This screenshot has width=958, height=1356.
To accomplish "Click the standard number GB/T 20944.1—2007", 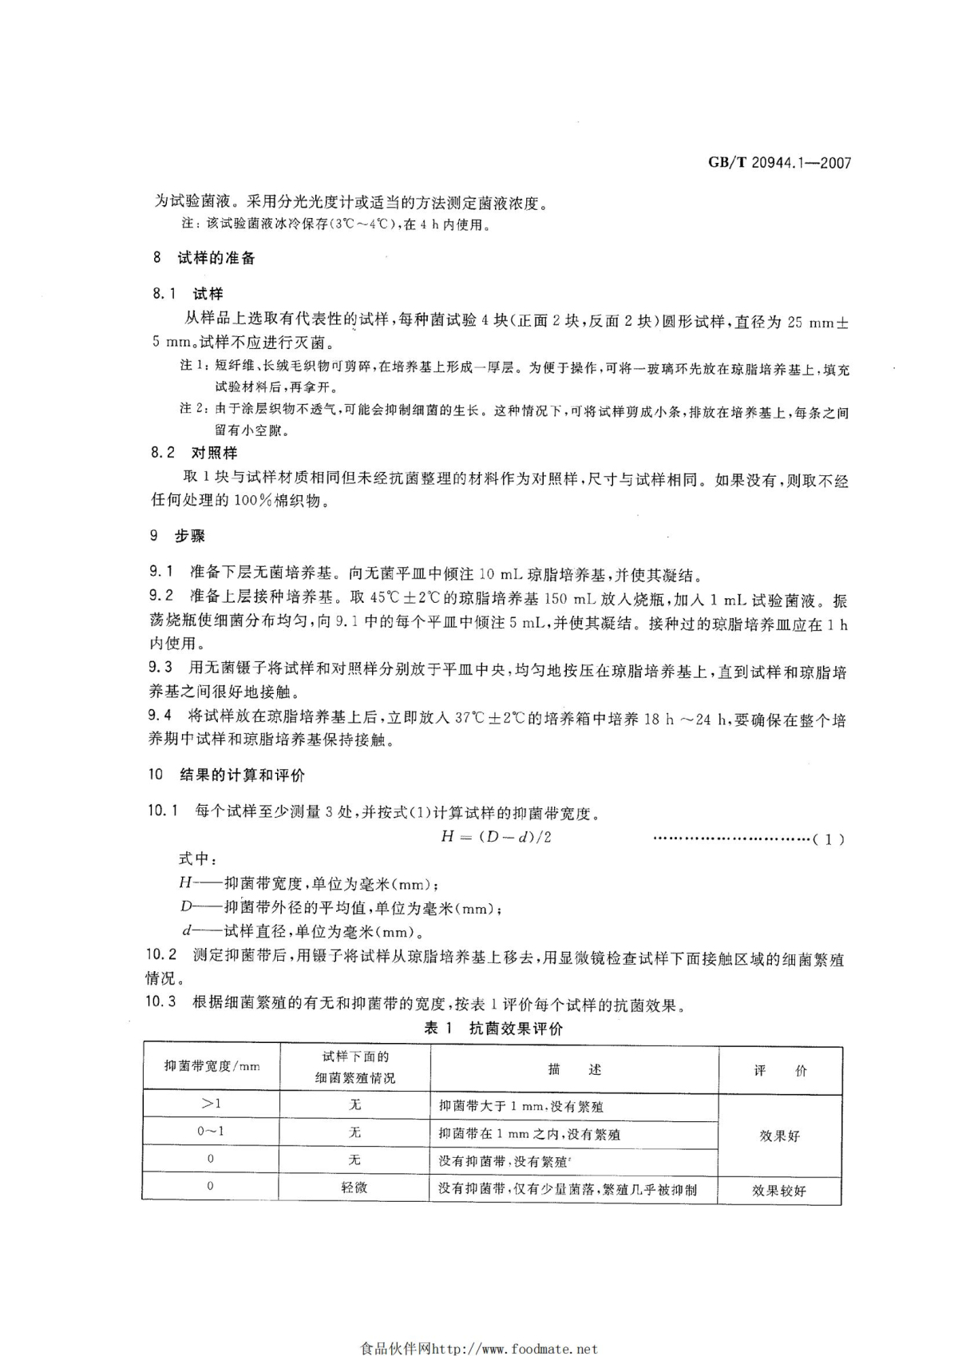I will click(779, 163).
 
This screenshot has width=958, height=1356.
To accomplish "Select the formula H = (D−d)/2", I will click(496, 837).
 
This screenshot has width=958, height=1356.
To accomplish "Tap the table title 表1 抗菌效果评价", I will click(493, 1029).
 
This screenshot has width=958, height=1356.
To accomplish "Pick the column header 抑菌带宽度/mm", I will click(212, 1066).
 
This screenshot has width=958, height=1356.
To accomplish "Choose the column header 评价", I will click(780, 1070).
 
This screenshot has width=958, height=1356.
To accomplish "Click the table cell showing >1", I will click(211, 1104).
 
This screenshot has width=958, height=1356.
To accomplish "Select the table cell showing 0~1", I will click(211, 1132).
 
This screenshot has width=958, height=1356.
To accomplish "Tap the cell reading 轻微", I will click(354, 1187).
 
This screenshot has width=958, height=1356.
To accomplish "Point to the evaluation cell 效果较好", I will click(778, 1190).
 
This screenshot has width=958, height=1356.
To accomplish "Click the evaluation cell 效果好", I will click(779, 1136).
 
